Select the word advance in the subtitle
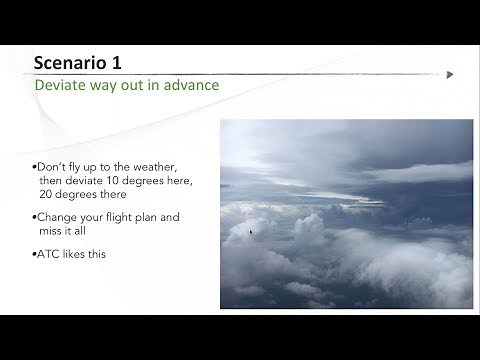[190, 85]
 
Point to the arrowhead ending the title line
[451, 74]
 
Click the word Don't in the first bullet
[48, 162]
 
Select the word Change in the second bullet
[53, 217]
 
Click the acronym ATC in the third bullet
[46, 254]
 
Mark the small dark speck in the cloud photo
[250, 231]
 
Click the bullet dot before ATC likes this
[32, 254]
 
